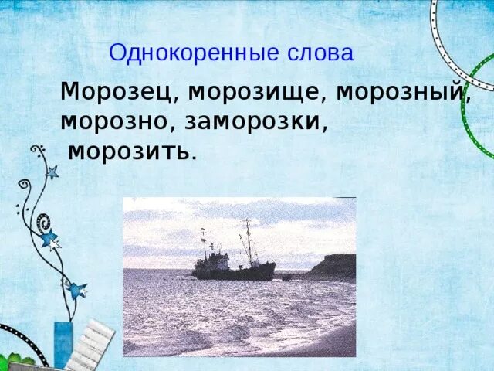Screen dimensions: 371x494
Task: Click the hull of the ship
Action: [232, 271]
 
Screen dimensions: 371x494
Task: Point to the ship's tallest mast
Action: [248, 240]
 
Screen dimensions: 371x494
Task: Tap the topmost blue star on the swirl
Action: [52, 172]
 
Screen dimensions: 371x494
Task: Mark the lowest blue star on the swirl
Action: [76, 291]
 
